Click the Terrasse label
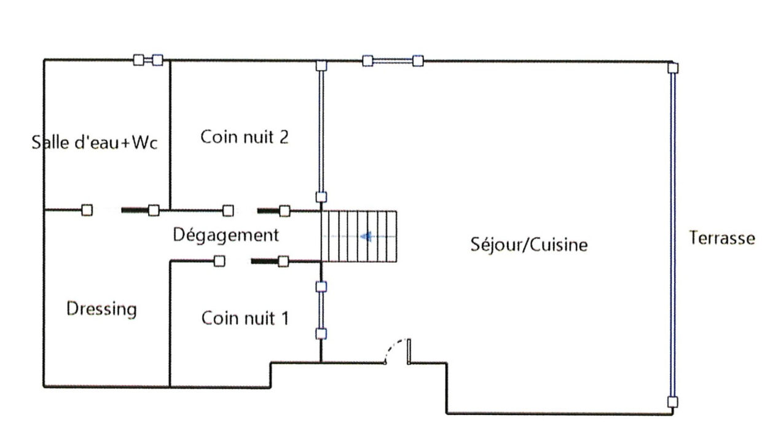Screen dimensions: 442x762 click(721, 238)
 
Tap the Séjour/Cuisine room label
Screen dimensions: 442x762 click(528, 244)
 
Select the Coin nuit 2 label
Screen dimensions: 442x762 click(245, 137)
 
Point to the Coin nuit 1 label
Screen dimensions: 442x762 click(245, 319)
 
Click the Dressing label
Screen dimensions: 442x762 click(101, 308)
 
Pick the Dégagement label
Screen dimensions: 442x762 click(226, 235)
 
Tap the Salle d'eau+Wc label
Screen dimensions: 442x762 click(95, 143)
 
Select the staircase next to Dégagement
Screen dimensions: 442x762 click(359, 236)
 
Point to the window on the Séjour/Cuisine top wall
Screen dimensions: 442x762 click(393, 60)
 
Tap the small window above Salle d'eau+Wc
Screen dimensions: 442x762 click(148, 60)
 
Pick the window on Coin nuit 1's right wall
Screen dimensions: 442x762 click(321, 310)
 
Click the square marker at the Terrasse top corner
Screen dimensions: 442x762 click(674, 68)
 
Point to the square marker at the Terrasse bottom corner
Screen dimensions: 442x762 click(673, 403)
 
